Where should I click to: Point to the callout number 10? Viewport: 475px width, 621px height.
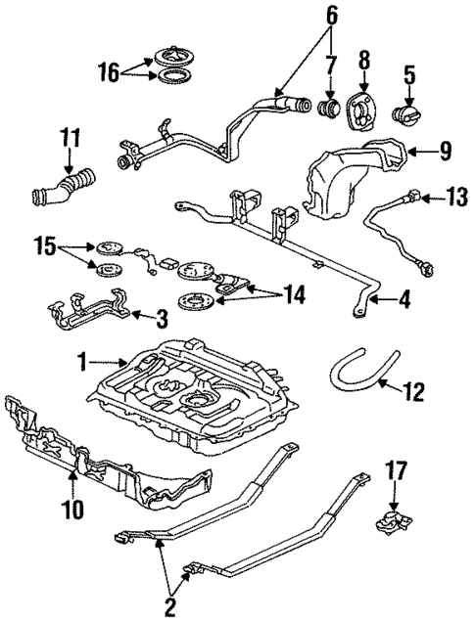(73, 509)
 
